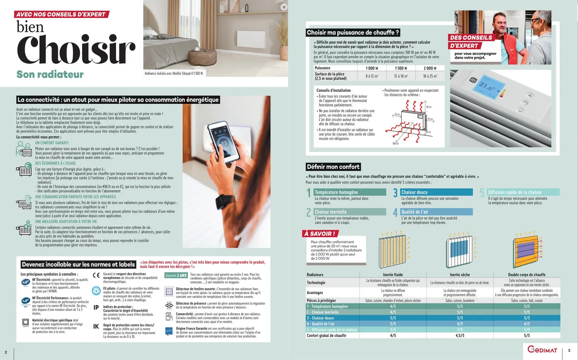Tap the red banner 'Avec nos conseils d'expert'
[x=61, y=14]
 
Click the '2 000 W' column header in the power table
[x=430, y=68]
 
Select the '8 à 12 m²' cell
[x=372, y=76]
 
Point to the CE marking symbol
[x=96, y=275]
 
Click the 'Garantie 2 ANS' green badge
[x=176, y=275]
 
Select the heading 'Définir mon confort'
[x=334, y=167]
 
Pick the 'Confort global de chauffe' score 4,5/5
[x=459, y=335]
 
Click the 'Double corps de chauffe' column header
[x=527, y=275]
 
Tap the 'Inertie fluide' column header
[x=393, y=275]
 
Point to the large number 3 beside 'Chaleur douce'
[x=395, y=194]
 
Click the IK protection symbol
[x=96, y=326]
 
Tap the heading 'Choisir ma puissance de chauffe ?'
[x=353, y=33]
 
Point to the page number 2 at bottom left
[x=6, y=352]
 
